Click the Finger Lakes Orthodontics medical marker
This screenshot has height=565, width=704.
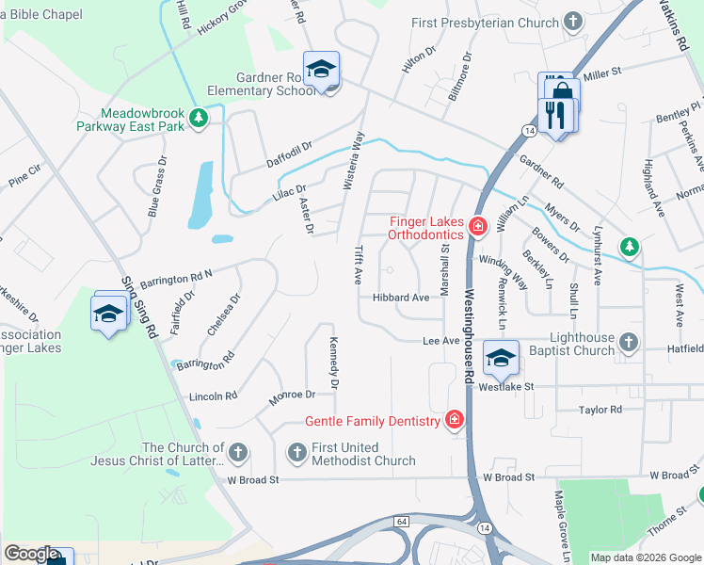477,226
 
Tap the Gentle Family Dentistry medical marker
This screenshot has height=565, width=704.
455,420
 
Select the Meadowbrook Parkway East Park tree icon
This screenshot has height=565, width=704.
198,118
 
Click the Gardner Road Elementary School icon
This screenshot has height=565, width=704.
322,70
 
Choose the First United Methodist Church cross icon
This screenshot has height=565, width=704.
296,453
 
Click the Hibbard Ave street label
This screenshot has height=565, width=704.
401,298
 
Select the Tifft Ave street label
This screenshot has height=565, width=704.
359,266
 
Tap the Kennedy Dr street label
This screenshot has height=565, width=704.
333,363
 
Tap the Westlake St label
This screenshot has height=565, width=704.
505,387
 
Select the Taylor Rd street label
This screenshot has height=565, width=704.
600,410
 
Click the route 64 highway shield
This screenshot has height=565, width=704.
402,521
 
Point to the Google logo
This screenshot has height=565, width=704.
31,554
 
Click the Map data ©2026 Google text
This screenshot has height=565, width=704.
645,557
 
